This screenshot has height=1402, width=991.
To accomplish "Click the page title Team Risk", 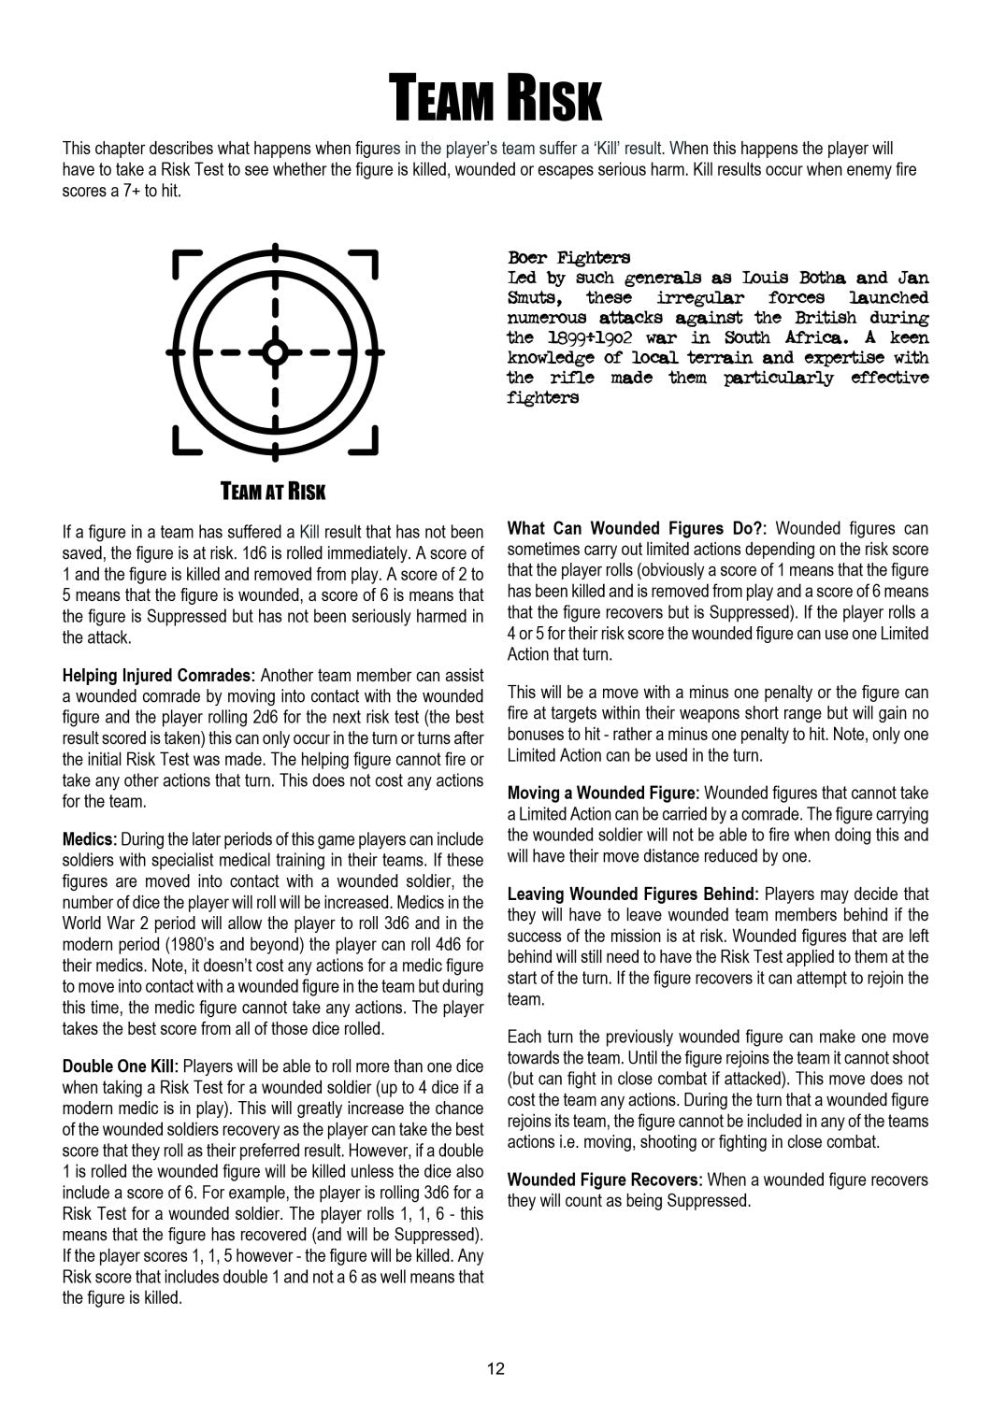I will tap(495, 99).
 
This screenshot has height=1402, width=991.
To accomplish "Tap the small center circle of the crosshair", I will tap(274, 352).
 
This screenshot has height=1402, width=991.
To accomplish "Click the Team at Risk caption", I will tap(273, 492).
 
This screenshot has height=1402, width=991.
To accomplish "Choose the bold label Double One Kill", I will tap(121, 1066).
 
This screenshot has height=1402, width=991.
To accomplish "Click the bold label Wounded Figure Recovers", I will tap(604, 1180).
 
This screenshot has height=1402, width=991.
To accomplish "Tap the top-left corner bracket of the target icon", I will tap(188, 264).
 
